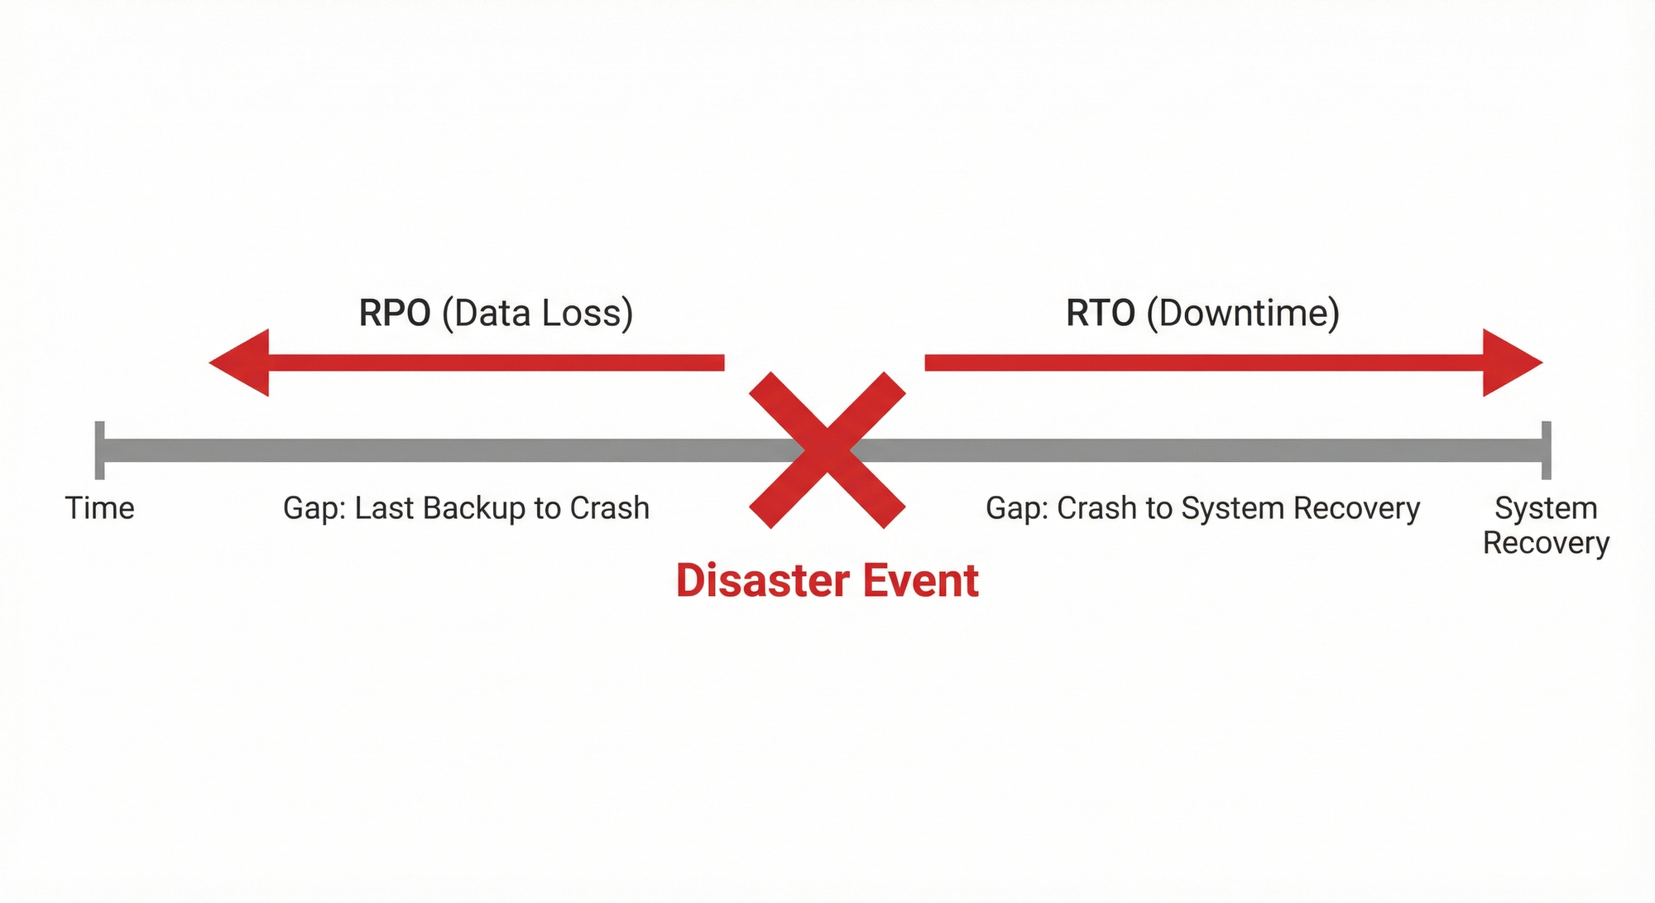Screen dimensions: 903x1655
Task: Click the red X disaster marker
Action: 827,450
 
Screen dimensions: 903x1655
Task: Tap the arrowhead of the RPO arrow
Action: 240,363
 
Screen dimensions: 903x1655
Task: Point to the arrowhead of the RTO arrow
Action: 1511,363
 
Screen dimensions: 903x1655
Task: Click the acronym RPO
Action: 394,314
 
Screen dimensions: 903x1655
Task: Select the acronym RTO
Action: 1100,314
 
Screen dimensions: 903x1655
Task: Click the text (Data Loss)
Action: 538,314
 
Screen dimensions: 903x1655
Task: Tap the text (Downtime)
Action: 1243,314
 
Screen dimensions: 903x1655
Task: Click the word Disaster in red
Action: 751,580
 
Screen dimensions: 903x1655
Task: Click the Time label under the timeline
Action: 99,508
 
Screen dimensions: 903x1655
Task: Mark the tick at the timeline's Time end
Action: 99,450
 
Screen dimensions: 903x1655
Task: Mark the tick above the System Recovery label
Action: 1546,450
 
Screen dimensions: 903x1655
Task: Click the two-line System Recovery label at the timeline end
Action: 1546,525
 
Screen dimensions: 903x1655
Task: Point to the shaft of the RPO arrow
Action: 496,363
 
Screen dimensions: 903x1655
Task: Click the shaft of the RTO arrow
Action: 1200,363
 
